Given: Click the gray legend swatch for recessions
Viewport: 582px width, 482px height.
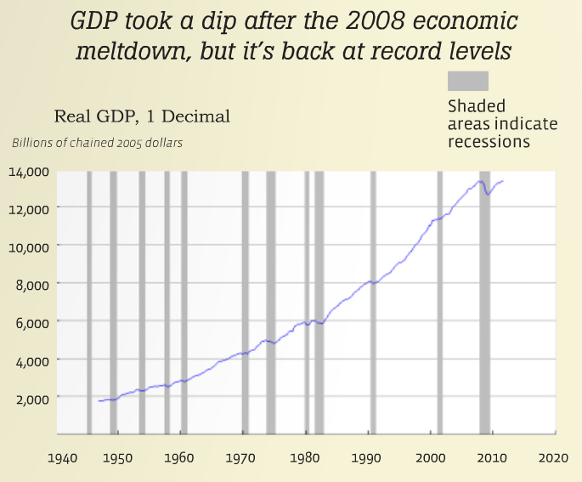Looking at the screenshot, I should (468, 81).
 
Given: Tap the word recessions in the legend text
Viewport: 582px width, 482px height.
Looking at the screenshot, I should (489, 142).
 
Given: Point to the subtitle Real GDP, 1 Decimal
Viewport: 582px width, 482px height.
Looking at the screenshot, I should (142, 116).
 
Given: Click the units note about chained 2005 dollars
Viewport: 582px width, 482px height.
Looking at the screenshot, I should (97, 142).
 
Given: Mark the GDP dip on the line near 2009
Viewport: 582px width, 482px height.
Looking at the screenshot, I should (488, 195).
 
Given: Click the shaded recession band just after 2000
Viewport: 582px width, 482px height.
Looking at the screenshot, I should (440, 302).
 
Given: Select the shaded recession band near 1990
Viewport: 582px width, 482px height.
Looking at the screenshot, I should (372, 302).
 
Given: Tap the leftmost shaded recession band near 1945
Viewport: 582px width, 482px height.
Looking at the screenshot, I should (89, 302).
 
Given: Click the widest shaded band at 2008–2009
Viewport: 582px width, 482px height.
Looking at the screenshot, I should (485, 302).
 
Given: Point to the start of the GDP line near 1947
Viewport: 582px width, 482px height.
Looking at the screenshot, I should (99, 400).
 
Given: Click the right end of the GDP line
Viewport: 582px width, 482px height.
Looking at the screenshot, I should (503, 180).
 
